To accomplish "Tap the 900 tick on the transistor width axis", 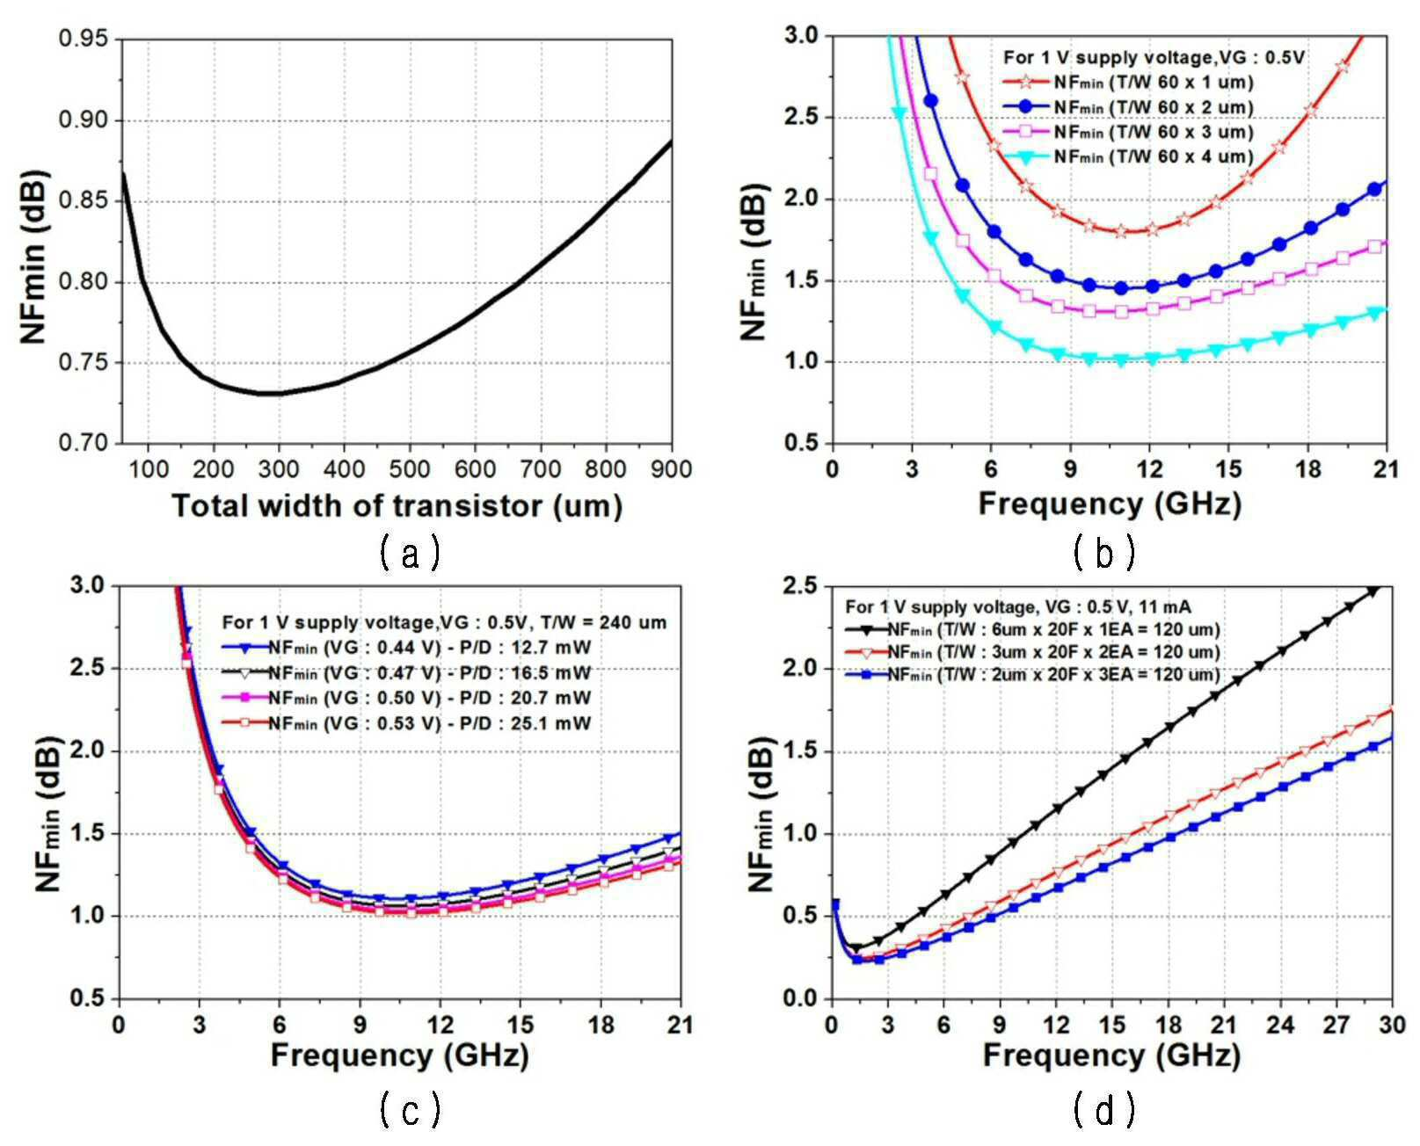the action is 671,469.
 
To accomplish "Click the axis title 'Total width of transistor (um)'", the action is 397,506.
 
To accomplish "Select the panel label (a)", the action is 410,553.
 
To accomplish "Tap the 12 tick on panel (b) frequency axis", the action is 1149,469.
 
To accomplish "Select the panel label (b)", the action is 1104,553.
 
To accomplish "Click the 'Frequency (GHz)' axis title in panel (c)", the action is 399,1056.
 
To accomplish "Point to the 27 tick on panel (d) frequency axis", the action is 1336,1025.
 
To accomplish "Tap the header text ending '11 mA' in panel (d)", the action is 1018,606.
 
